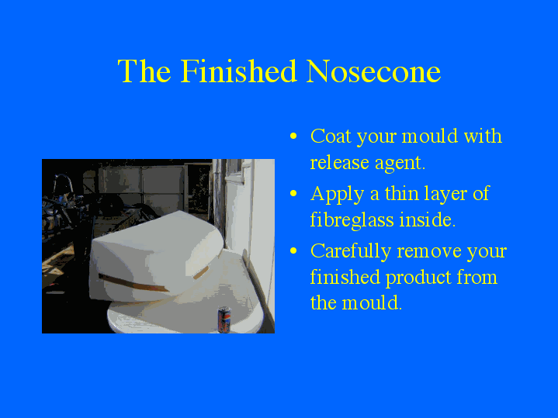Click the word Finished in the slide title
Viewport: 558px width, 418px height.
pos(240,71)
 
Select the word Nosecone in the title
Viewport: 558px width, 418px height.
pos(373,71)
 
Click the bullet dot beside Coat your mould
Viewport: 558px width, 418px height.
pos(293,137)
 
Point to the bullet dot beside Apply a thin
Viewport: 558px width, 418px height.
pos(293,194)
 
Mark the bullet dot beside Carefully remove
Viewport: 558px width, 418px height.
pos(293,252)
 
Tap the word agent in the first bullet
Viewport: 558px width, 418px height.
pos(400,164)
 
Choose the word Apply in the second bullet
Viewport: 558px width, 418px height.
pos(334,194)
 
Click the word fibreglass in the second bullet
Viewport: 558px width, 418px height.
pos(352,219)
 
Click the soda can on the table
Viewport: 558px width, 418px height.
pos(224,319)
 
